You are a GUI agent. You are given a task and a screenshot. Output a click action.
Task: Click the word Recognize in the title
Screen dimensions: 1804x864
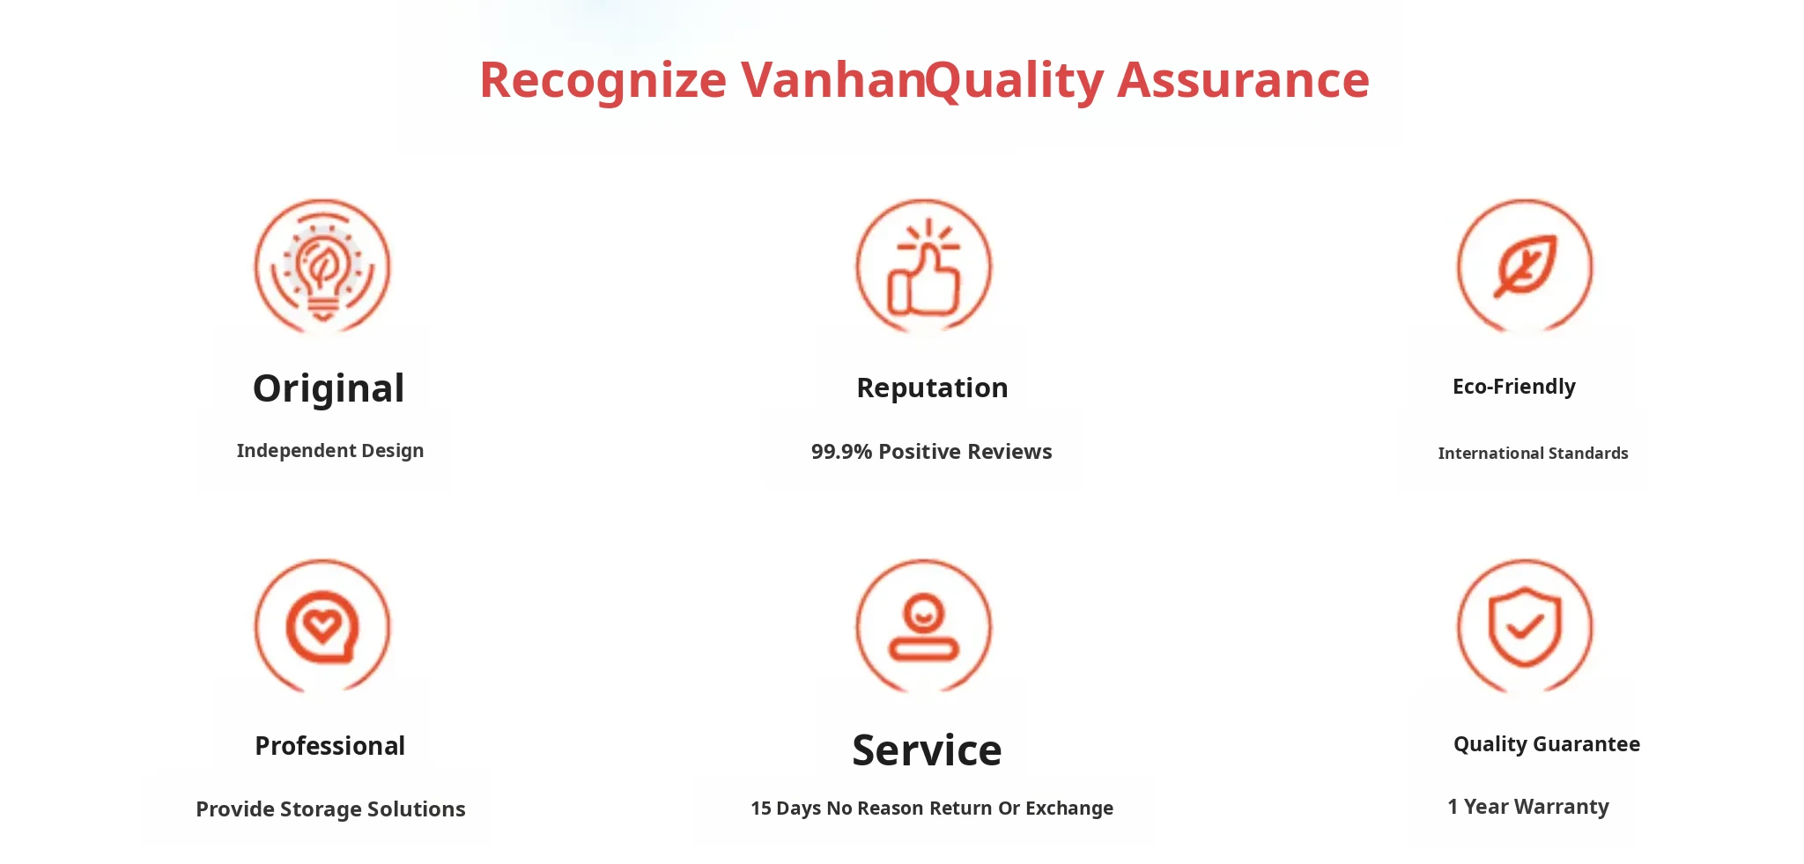(x=603, y=81)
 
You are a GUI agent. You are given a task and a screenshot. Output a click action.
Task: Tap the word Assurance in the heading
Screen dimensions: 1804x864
(x=1243, y=79)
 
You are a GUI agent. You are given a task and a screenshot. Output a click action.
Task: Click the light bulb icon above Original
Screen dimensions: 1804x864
(x=322, y=266)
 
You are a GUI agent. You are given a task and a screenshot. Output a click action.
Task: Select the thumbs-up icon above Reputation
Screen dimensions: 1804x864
(x=924, y=266)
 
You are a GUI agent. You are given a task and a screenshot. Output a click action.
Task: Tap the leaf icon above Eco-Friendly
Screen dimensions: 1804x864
(x=1525, y=266)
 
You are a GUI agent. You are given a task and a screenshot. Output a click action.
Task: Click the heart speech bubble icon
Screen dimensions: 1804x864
(x=322, y=626)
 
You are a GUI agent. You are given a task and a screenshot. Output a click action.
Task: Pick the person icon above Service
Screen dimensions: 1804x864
(x=924, y=626)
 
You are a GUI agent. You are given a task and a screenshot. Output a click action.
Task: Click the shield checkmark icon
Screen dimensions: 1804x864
(x=1525, y=626)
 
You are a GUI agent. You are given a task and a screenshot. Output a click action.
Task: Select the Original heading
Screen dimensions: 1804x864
(x=329, y=388)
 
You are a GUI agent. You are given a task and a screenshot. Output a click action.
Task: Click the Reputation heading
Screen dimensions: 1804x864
(x=932, y=388)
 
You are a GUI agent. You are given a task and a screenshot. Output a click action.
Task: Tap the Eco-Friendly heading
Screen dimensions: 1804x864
(x=1514, y=387)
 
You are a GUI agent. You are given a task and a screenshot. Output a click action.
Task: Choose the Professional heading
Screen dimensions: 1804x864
(x=329, y=746)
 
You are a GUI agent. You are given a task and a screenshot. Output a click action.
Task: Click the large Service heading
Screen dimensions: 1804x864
(x=927, y=750)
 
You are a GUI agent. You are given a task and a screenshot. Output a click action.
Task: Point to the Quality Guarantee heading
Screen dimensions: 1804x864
(x=1547, y=744)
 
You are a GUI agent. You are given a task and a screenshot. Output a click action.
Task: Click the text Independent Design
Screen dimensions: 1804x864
(x=330, y=451)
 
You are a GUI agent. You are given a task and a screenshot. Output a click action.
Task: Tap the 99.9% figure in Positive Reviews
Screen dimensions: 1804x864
(x=841, y=452)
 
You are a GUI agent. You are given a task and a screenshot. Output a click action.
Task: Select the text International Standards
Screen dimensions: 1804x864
(x=1533, y=454)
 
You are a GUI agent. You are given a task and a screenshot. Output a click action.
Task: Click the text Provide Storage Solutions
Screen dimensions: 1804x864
(x=330, y=809)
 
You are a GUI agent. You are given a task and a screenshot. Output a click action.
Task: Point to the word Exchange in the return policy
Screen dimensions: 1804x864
(x=1069, y=809)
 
